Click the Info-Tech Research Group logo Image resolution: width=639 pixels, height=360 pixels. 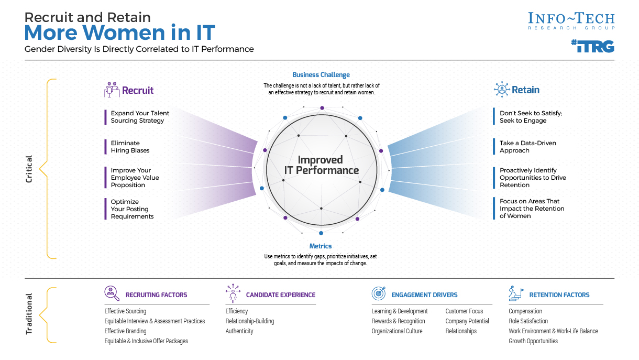click(571, 21)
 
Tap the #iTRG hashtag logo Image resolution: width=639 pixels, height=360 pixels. click(592, 46)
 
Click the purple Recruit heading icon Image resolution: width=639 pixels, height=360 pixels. click(112, 90)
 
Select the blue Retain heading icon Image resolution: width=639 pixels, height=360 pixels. click(501, 90)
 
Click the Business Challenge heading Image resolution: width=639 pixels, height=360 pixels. click(321, 75)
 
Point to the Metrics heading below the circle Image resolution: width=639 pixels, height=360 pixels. click(321, 246)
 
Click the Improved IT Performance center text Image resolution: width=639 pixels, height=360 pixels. click(321, 165)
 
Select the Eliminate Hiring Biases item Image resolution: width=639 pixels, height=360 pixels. click(130, 147)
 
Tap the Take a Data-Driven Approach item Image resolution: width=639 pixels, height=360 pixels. click(528, 147)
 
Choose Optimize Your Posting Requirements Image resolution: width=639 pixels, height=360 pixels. click(132, 209)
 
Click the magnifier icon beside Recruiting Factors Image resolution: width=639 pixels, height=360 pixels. click(112, 293)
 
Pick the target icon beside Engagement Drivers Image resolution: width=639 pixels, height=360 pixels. click(379, 293)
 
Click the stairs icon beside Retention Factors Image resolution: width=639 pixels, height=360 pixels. click(516, 293)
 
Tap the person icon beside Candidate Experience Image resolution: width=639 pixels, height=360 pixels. click(233, 293)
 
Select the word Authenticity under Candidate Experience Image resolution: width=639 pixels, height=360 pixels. click(239, 331)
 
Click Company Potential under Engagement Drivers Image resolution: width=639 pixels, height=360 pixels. click(467, 321)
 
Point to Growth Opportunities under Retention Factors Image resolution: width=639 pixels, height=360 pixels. click(533, 341)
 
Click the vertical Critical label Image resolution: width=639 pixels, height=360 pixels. click(29, 169)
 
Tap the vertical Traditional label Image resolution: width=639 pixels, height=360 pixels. click(29, 314)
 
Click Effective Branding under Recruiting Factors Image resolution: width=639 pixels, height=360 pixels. click(125, 331)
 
